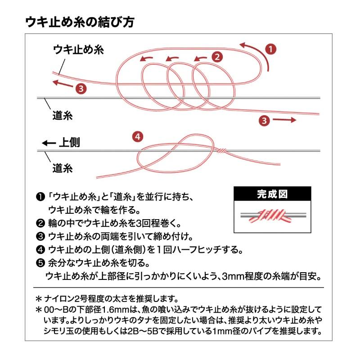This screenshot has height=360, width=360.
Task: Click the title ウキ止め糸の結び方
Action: point(78,22)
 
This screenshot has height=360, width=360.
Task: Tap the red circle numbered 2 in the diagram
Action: point(217,57)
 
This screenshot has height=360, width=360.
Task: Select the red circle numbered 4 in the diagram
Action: point(138,136)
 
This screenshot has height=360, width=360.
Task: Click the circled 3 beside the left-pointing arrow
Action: point(81,88)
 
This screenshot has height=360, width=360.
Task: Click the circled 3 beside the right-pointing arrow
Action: point(264,120)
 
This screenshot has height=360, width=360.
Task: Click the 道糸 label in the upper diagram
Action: point(63,115)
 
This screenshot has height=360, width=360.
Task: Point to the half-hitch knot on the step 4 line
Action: point(221,150)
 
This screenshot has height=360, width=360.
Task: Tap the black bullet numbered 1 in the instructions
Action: point(40,197)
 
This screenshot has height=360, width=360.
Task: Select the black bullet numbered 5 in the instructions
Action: point(40,262)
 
